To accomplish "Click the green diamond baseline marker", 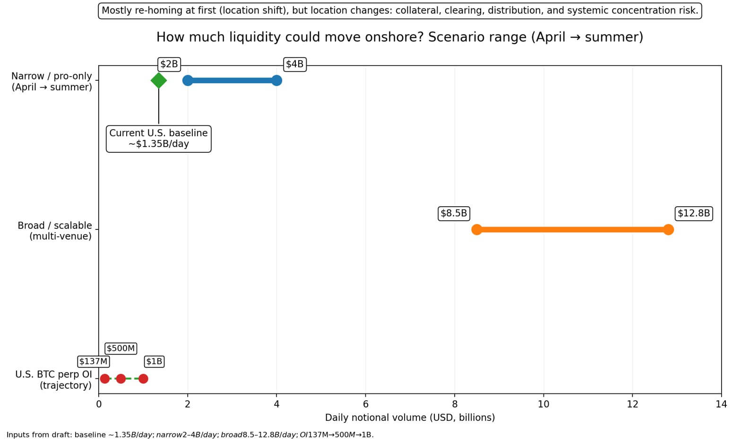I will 158,80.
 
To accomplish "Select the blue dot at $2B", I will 188,80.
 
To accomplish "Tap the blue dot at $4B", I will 276,80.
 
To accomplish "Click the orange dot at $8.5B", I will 477,230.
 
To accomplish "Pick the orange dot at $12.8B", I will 668,230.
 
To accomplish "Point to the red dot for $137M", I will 105,379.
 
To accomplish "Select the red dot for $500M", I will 121,379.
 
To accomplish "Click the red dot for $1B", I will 143,379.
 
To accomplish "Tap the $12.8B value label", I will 693,213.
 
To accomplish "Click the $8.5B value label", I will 454,213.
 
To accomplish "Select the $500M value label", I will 121,349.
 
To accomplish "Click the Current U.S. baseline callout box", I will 158,139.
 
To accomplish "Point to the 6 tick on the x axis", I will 365,404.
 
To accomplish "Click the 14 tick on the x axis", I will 721,404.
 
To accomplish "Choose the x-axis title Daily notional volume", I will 410,418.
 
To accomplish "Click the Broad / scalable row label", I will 54,231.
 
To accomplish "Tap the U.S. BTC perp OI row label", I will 53,380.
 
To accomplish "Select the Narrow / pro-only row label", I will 52,81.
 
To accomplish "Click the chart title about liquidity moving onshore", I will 399,37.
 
